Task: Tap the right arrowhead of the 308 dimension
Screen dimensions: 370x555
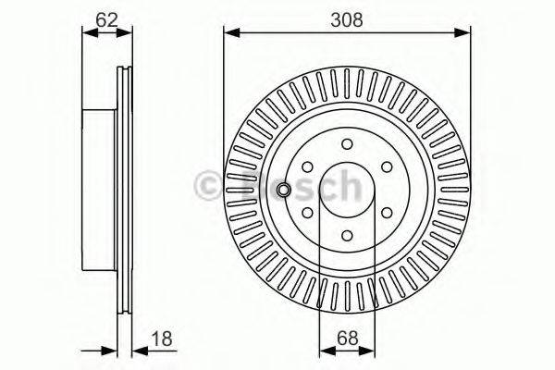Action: click(x=465, y=34)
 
